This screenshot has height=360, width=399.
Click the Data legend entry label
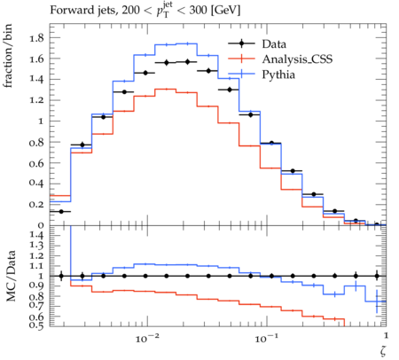(274, 43)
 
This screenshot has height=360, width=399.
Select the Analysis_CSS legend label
(297, 59)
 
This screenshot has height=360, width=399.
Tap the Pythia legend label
(278, 74)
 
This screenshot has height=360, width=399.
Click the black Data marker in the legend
(241, 43)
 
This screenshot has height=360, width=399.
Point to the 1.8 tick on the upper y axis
(36, 38)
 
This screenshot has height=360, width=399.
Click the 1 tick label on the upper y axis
(41, 121)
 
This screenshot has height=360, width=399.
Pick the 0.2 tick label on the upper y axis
(36, 204)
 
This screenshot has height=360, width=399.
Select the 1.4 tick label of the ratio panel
(36, 235)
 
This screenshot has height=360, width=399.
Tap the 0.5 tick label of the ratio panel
(36, 325)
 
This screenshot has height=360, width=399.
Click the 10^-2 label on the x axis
(145, 339)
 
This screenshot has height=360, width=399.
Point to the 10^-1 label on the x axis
(265, 339)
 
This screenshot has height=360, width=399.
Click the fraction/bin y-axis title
(8, 56)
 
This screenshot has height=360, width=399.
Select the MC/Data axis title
(11, 276)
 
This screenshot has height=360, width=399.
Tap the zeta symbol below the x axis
(383, 350)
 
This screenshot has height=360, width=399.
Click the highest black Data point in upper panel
(187, 62)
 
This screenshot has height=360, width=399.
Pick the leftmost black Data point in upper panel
(61, 212)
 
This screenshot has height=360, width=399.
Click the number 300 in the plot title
(198, 11)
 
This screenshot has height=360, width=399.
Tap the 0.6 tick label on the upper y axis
(36, 163)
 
